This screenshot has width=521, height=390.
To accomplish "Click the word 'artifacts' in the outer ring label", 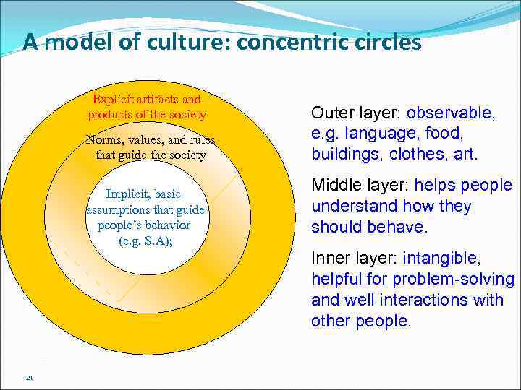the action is tap(161, 100).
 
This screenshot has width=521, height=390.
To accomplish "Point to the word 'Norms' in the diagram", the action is tap(104, 140).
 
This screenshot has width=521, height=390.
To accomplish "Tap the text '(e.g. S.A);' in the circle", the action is tap(144, 240).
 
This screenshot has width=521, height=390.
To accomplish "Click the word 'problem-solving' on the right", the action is tap(463, 279).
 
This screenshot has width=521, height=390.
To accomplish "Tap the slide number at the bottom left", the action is tap(29, 376).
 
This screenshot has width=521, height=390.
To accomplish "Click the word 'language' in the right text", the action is tap(376, 134).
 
